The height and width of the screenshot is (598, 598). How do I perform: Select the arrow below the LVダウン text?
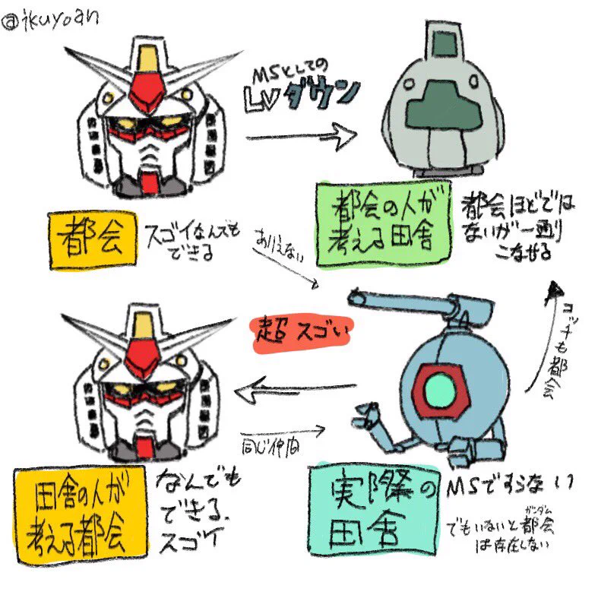click(x=302, y=137)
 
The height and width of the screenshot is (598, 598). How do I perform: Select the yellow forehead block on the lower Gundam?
click(x=141, y=327)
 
